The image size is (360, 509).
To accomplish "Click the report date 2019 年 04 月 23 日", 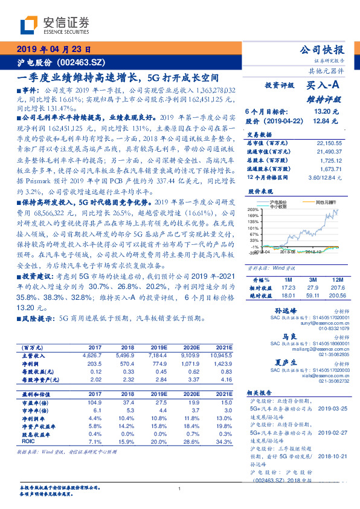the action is (x=53, y=50).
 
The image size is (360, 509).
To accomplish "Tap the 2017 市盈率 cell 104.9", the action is (x=95, y=401).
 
